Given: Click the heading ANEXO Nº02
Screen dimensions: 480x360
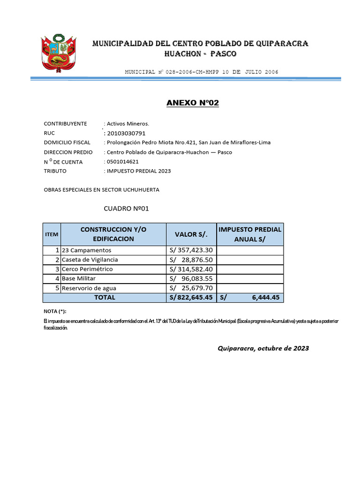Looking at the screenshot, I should point(192,103).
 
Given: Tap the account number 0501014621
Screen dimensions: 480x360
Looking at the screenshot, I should point(123,162).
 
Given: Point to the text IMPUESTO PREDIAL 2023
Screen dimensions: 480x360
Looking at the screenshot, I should point(139,171).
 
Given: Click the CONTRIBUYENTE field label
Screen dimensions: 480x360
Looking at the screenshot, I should point(65,124).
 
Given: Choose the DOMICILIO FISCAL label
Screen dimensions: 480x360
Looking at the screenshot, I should point(67,142).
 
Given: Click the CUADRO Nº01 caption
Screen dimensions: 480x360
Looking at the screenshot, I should point(126,209).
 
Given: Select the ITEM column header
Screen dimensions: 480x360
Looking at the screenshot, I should point(51,234).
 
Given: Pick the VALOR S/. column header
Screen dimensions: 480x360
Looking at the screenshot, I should point(191,234).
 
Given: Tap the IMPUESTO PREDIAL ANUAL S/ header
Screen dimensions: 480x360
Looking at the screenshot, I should point(250,234).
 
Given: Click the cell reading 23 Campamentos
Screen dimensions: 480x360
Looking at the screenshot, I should point(87,250).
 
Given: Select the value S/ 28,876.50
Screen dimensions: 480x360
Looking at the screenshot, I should point(191,260).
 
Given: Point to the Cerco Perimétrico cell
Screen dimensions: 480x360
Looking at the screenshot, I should point(87,269).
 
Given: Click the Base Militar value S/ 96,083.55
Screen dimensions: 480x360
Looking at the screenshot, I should point(191,278).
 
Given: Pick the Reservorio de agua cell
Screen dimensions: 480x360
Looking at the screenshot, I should point(89,288).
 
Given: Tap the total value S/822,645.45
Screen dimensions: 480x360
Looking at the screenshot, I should point(191,297).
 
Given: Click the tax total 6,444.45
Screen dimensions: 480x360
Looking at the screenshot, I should point(265,297).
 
